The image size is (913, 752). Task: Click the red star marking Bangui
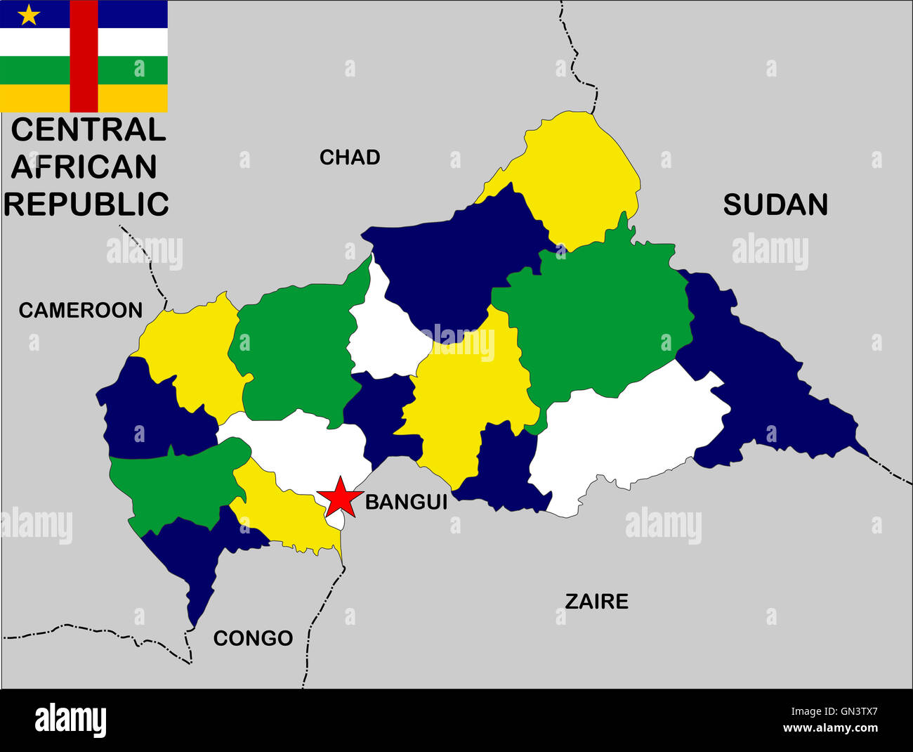coord(340,496)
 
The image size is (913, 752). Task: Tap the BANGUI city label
coord(406,502)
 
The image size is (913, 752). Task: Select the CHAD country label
coord(350,157)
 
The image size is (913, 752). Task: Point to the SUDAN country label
coord(775,205)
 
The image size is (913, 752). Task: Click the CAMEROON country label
coord(80,310)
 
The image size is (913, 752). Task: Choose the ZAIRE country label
coord(596,602)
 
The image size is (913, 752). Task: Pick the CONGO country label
coord(253,638)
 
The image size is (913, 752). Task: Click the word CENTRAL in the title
coord(88,130)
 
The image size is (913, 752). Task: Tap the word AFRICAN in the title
coord(84,167)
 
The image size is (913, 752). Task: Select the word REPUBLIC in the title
coord(86,205)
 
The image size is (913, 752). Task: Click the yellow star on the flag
coord(28,15)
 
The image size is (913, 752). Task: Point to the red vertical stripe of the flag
coord(84,56)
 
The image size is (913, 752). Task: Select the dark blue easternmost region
coord(766,387)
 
